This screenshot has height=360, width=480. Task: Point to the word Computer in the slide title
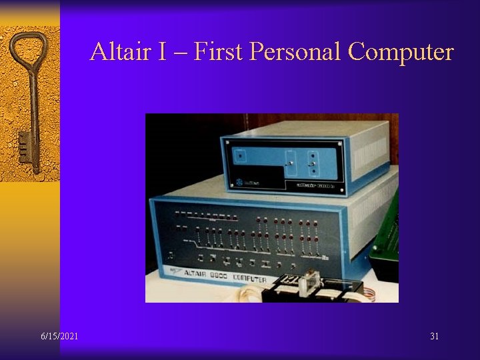(401, 51)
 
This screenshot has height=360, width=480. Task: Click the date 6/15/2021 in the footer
(59, 336)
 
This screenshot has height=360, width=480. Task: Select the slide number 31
(435, 336)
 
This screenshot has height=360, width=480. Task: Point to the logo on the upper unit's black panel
(239, 183)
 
